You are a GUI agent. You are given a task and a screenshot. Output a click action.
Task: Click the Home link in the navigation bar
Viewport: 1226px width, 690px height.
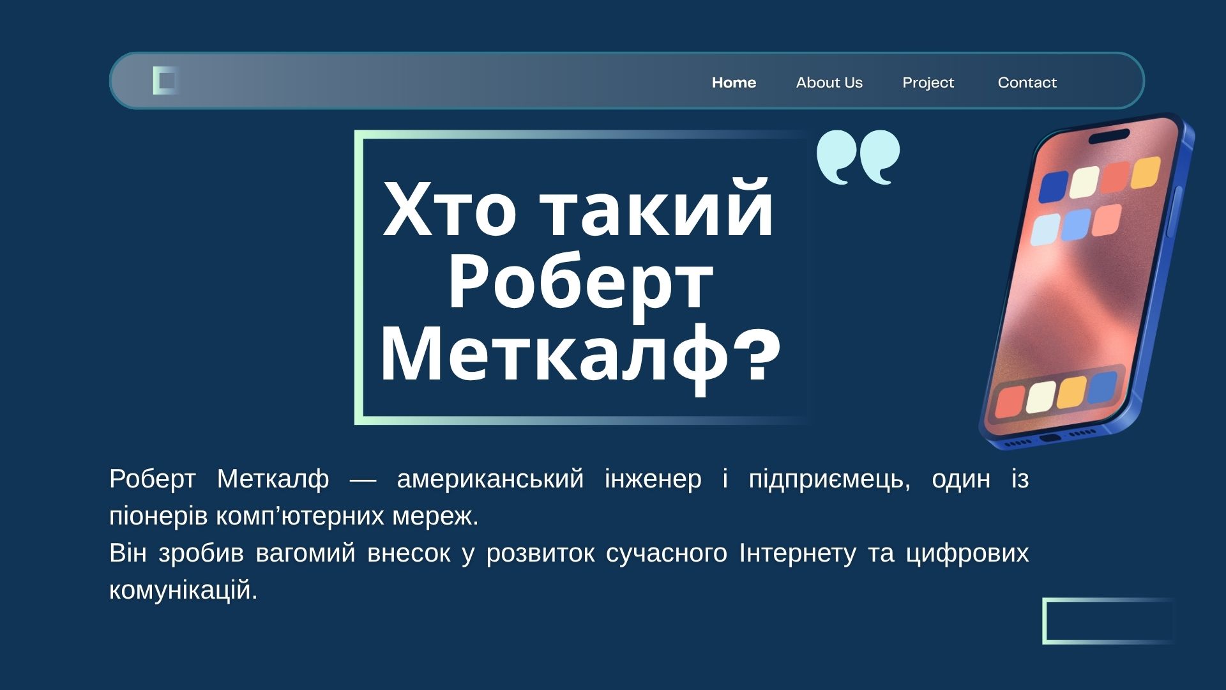(734, 82)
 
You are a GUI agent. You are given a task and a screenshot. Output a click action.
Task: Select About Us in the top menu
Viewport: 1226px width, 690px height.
(829, 82)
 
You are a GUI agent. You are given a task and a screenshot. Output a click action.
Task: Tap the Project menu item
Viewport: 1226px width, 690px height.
(928, 83)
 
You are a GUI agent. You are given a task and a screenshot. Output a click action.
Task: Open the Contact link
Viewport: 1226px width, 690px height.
(1027, 82)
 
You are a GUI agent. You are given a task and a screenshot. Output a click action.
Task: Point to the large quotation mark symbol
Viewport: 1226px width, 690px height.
(858, 157)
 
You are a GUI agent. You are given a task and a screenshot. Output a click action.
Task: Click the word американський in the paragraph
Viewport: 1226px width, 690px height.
(490, 479)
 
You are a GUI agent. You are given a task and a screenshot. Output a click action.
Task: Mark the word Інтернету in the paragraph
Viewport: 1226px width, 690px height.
(797, 553)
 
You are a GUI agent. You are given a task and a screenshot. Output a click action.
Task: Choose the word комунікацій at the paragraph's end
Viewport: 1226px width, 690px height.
(183, 590)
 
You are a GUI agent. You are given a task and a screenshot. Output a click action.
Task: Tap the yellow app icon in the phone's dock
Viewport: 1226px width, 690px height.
(1071, 392)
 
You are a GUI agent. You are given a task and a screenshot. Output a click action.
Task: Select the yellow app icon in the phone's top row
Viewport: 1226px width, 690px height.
(1146, 172)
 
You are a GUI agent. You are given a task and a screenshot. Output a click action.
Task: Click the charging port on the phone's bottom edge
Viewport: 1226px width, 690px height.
(1050, 438)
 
